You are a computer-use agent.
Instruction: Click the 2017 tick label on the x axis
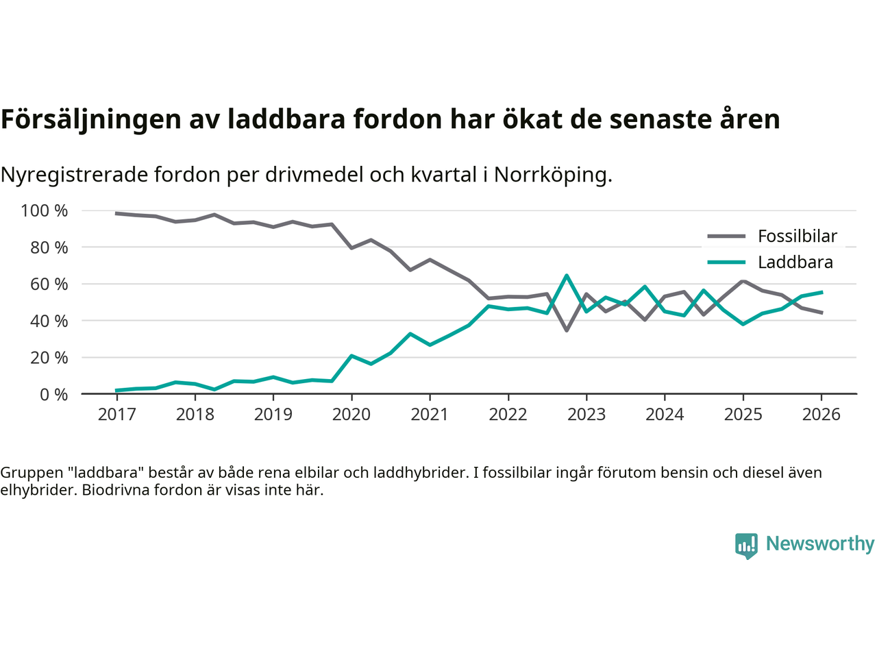pos(116,415)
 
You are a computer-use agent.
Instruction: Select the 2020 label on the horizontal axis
pos(351,415)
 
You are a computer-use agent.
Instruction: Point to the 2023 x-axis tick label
pos(586,415)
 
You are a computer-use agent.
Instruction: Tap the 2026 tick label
pos(822,415)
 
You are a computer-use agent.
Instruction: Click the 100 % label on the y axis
pos(45,210)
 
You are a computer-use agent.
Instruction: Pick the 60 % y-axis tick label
pos(49,284)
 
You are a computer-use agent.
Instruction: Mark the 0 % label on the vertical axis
pos(53,394)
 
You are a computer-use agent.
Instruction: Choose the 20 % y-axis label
pos(49,357)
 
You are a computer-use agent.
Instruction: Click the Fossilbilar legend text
pos(798,236)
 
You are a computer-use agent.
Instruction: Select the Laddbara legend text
pos(795,263)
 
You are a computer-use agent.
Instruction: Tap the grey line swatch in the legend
pos(726,236)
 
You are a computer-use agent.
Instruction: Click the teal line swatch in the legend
pos(726,263)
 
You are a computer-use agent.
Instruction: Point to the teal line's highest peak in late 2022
pos(567,276)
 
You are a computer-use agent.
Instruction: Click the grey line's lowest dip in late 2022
pos(567,330)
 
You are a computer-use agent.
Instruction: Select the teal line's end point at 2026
pos(822,292)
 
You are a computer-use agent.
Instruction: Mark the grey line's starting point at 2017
pos(116,213)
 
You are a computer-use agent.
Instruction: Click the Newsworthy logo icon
pos(746,546)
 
